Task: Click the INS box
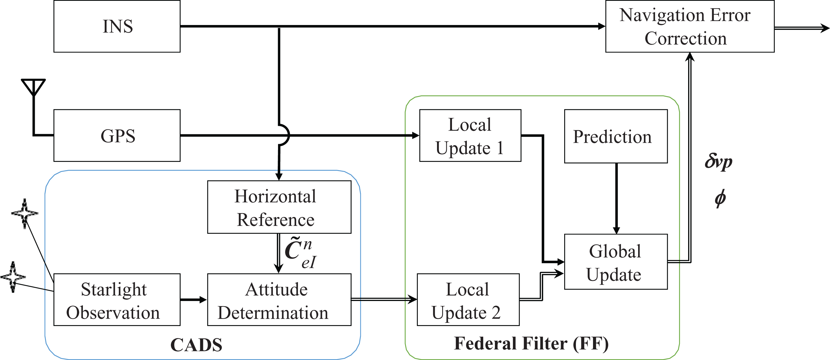117,26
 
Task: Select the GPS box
117,135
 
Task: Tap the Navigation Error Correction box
690,26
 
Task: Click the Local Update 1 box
470,135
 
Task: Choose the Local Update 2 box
468,300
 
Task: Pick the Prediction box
616,136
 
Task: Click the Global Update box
616,262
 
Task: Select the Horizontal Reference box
279,207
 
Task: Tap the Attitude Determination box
279,300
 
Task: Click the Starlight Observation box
117,300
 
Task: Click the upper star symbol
25,213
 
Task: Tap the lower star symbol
13,277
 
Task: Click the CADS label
196,345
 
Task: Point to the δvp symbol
719,162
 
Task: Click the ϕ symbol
720,198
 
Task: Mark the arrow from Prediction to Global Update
616,198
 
